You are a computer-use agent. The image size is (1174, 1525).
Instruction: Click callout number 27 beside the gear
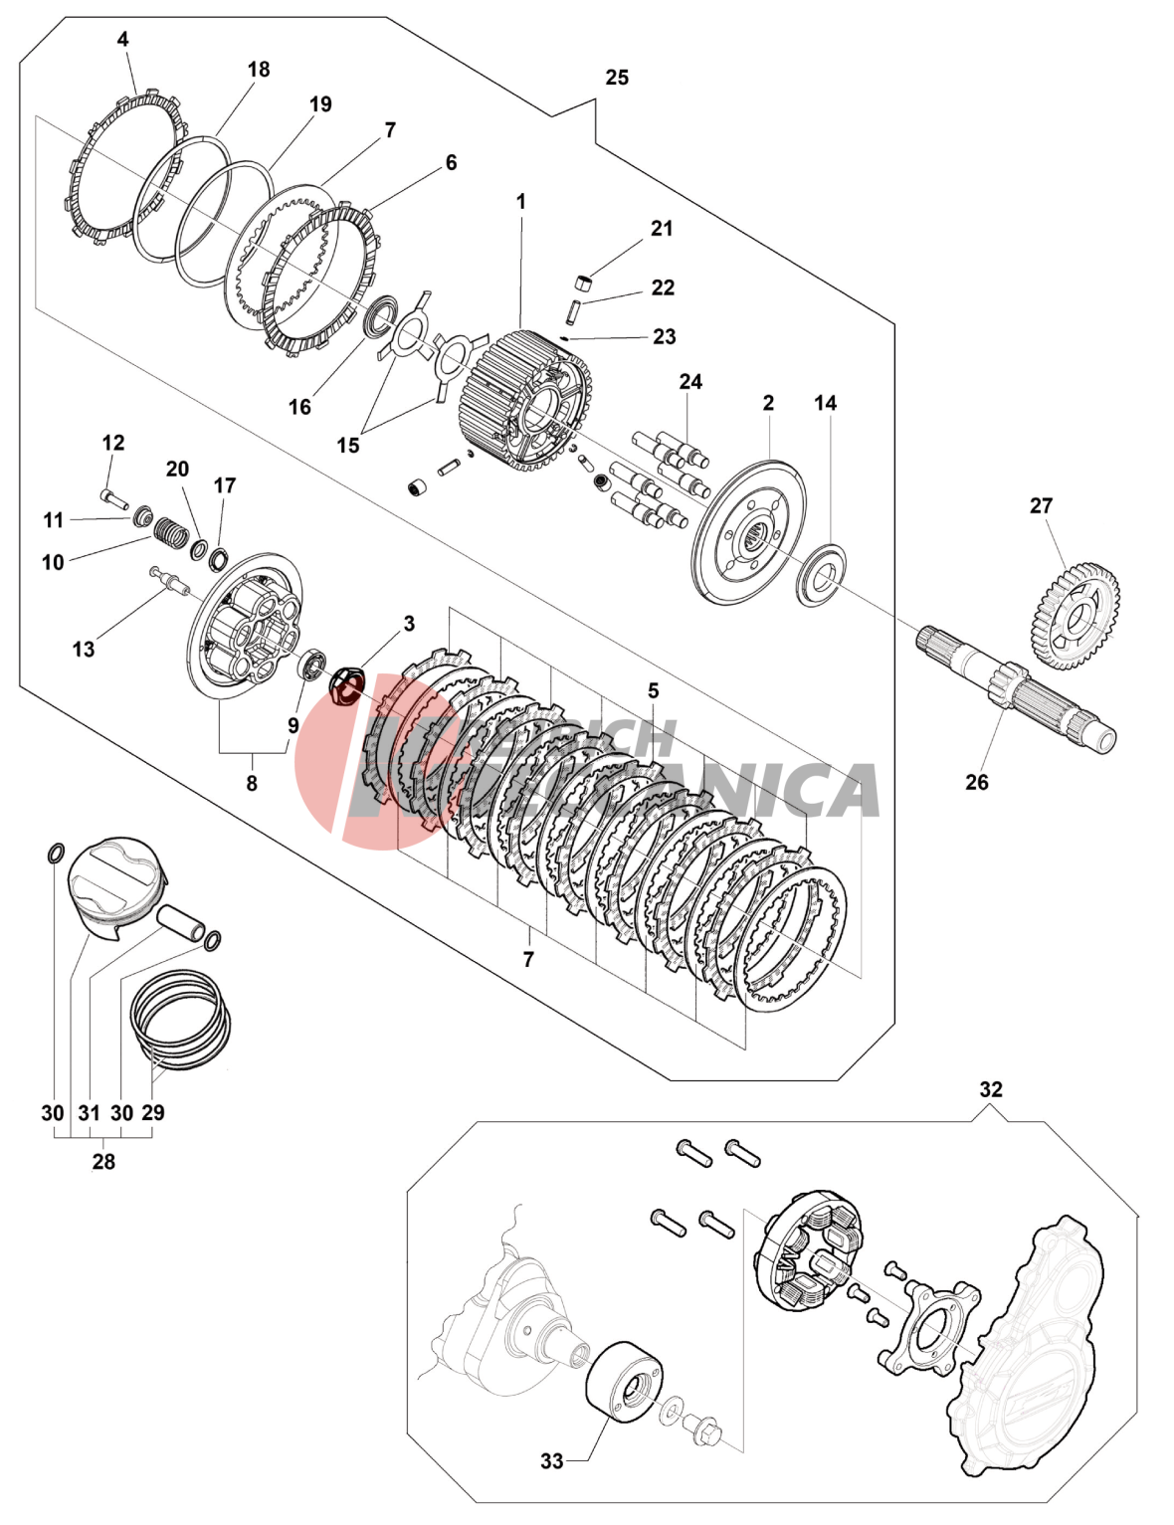click(x=1041, y=505)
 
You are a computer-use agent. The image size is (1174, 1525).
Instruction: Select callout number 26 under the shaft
click(x=977, y=782)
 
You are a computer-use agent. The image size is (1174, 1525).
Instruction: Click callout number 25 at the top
click(x=617, y=78)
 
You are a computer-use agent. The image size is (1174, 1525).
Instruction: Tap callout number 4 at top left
click(x=122, y=40)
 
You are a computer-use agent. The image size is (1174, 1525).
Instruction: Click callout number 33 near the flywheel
click(x=552, y=1460)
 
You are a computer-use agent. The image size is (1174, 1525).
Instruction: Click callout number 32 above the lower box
click(x=991, y=1089)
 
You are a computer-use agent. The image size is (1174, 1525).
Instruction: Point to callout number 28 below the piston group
click(x=103, y=1161)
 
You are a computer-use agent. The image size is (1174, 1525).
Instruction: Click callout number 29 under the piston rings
click(x=153, y=1112)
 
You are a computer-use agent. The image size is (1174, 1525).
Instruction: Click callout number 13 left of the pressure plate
click(x=84, y=649)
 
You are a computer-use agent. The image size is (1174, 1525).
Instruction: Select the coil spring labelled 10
click(x=171, y=534)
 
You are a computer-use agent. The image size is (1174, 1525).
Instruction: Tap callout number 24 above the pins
click(x=690, y=382)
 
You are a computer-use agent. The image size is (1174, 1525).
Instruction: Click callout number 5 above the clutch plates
click(x=653, y=690)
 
